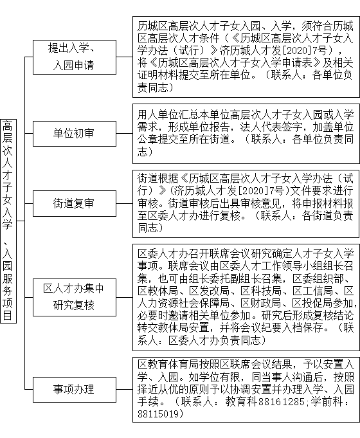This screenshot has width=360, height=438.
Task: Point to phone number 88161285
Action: [282, 402]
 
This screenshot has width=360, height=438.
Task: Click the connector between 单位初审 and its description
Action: [124, 134]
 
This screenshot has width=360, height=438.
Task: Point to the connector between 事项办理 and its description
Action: [124, 389]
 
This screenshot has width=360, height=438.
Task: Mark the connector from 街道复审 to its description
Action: [124, 203]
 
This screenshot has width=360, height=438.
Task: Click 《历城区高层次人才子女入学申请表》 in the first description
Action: [230, 63]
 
